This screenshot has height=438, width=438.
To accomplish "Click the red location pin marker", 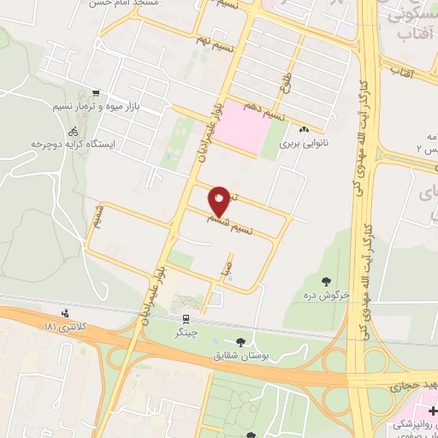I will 220,200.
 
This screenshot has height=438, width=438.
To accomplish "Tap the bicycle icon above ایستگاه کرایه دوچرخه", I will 73,132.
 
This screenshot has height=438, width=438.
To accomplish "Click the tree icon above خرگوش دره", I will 326,281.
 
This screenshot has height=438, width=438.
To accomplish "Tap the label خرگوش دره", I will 326,296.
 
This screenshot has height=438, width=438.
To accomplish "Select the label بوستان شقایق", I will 251,356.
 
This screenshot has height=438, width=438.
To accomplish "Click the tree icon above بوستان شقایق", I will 251,342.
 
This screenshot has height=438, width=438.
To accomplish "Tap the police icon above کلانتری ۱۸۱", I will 66,313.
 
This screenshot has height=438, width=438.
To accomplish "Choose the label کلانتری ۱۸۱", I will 64,328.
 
